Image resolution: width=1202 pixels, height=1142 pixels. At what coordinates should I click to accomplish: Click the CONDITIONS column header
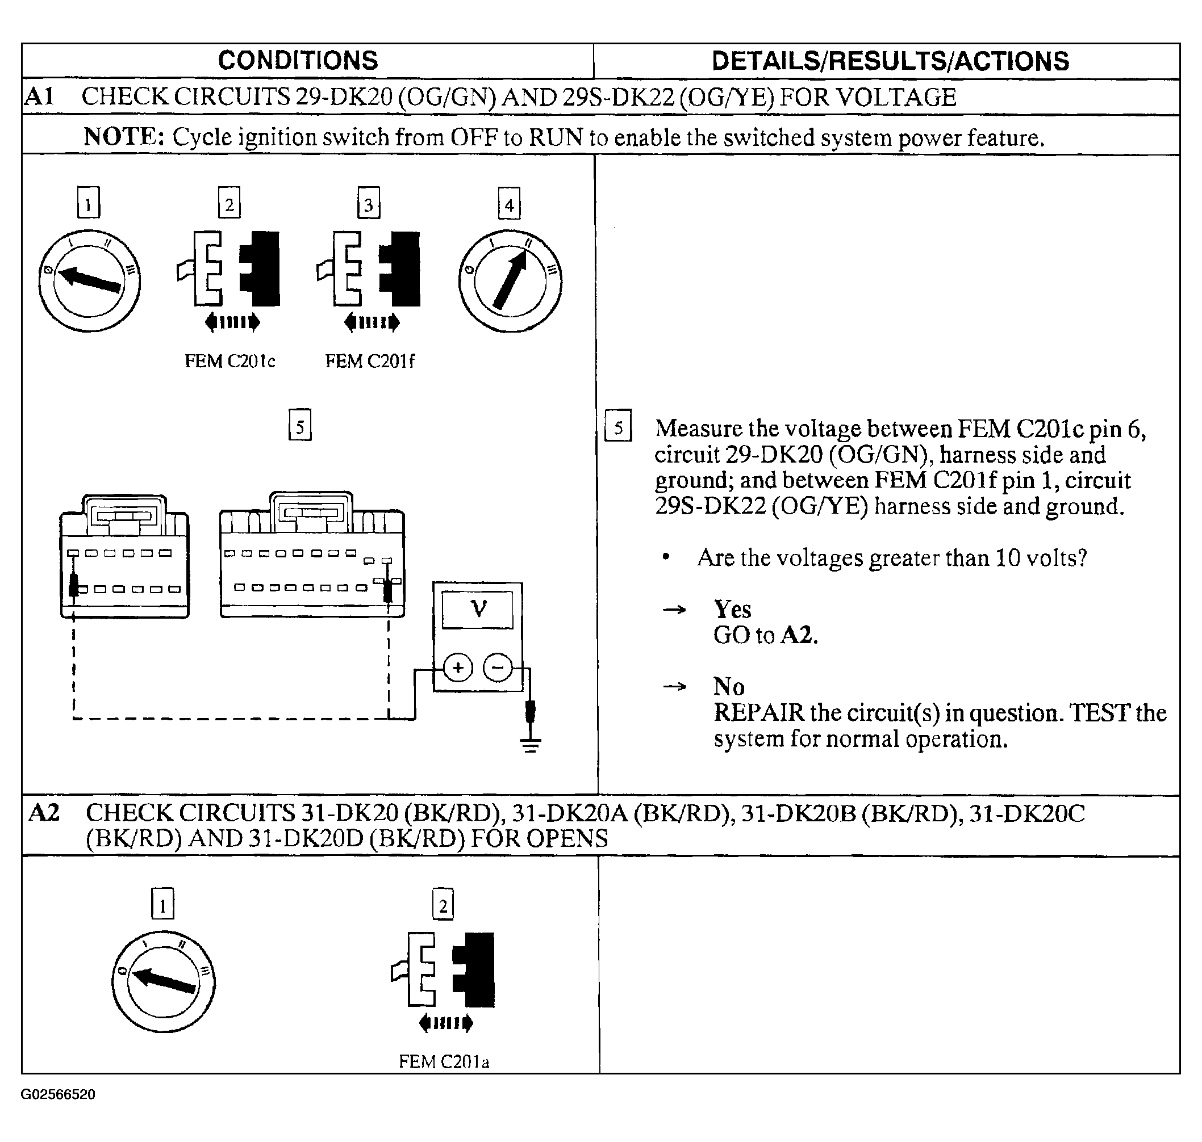[298, 61]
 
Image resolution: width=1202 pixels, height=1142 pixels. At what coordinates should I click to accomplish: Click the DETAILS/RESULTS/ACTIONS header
[890, 61]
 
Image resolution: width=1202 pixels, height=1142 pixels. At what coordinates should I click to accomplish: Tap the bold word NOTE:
[124, 137]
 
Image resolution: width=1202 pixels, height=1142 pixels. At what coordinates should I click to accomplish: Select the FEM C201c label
[229, 362]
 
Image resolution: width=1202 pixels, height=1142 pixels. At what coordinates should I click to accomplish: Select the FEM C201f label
[369, 362]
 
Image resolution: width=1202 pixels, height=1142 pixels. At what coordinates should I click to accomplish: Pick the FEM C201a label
[444, 1061]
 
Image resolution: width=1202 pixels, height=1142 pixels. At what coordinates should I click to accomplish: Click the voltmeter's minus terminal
[497, 668]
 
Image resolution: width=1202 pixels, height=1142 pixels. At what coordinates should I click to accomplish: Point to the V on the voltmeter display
[479, 608]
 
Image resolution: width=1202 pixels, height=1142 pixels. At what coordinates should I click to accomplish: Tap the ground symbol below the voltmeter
[531, 745]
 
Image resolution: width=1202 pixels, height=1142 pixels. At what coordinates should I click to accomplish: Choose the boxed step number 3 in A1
[369, 203]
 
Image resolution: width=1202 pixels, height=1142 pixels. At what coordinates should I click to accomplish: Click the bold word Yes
[732, 610]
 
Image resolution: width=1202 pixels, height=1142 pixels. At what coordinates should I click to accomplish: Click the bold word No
[729, 687]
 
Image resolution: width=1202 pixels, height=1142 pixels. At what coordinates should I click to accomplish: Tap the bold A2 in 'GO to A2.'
[798, 636]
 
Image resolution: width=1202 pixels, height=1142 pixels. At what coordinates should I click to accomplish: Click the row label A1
[40, 97]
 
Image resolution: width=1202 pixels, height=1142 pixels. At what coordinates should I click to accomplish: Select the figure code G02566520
[58, 1094]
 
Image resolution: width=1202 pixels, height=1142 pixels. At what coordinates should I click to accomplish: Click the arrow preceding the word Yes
[674, 610]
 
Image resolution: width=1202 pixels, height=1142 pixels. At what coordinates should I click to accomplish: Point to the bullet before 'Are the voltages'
[666, 557]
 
